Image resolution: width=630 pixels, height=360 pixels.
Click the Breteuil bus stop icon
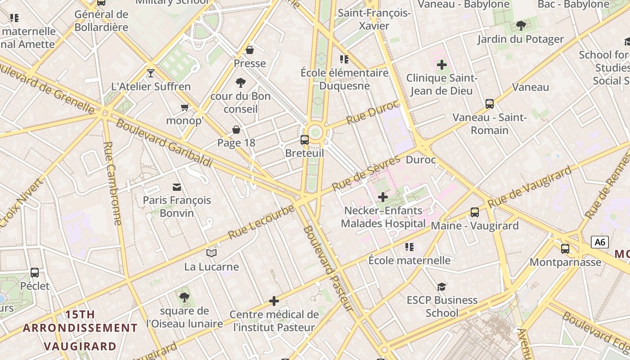tap(305, 139)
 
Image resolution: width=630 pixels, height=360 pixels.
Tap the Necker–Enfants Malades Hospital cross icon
tap(382, 197)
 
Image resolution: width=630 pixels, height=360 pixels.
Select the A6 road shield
tap(600, 242)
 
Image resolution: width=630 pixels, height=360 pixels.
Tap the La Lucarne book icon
tap(211, 253)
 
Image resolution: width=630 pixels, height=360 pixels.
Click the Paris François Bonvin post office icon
tap(177, 187)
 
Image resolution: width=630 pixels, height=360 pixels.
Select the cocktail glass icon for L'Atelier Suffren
tap(151, 73)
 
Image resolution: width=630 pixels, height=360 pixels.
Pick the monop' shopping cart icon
tap(184, 107)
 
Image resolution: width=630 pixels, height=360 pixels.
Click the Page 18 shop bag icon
tap(236, 130)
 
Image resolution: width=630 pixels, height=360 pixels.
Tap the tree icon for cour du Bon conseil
tap(241, 82)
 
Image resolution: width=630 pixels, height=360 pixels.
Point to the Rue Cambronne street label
tap(112, 183)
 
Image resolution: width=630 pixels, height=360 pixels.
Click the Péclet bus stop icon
tap(35, 272)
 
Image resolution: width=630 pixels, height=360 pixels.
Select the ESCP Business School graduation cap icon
tap(442, 287)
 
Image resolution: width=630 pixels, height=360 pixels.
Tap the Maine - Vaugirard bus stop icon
tap(475, 212)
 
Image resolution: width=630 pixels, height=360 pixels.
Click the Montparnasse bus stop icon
tap(565, 248)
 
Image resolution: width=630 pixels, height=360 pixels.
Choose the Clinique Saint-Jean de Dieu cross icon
tap(442, 65)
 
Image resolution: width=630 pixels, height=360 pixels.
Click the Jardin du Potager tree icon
tap(521, 25)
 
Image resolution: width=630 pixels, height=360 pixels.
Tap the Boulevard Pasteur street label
tap(328, 268)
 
